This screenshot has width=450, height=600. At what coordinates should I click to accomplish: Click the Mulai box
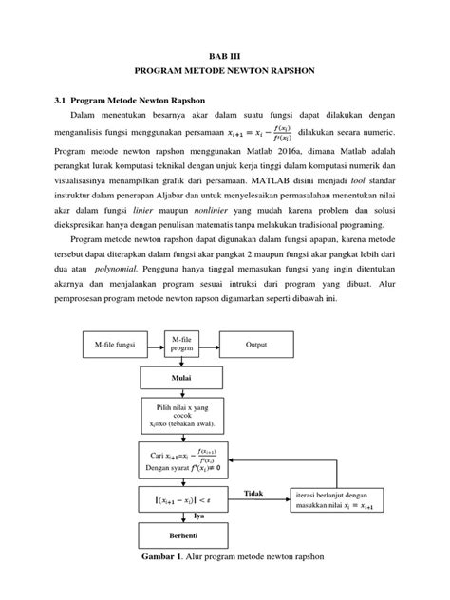pos(179,376)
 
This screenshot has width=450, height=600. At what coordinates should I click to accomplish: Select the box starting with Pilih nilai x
pos(179,414)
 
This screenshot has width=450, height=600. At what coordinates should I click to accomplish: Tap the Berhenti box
pos(179,535)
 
